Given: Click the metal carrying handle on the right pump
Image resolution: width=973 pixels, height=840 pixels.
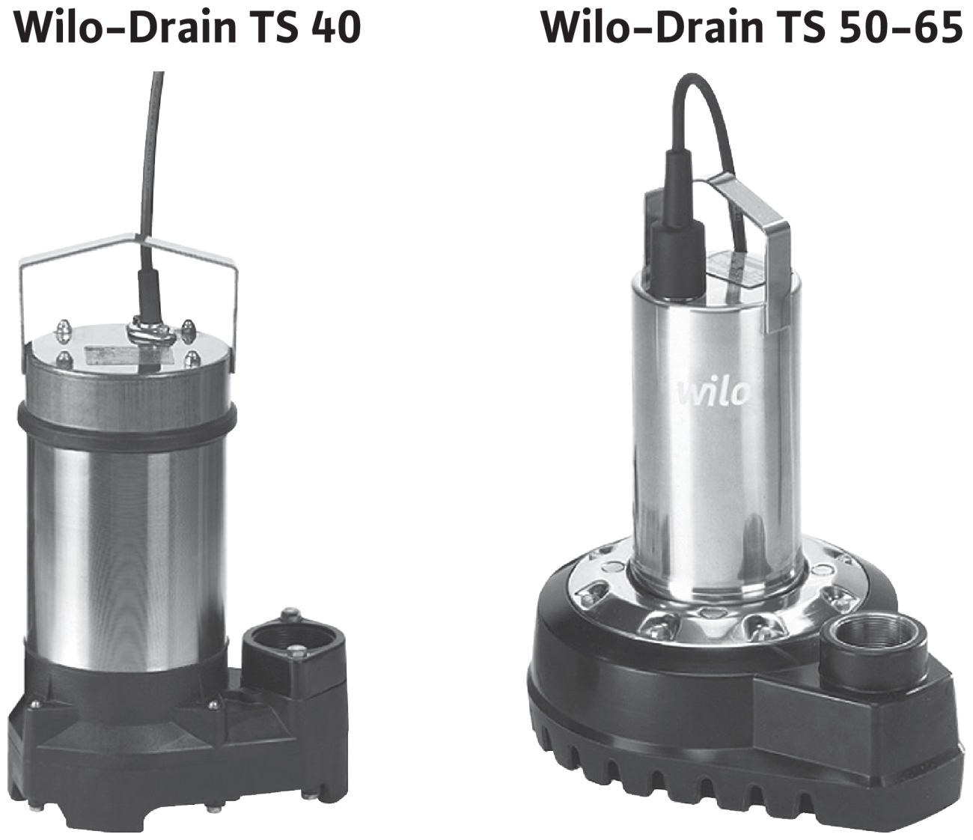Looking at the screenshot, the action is pyautogui.click(x=748, y=245).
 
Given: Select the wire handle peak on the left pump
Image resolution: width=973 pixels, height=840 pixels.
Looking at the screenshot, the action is pyautogui.click(x=140, y=235).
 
